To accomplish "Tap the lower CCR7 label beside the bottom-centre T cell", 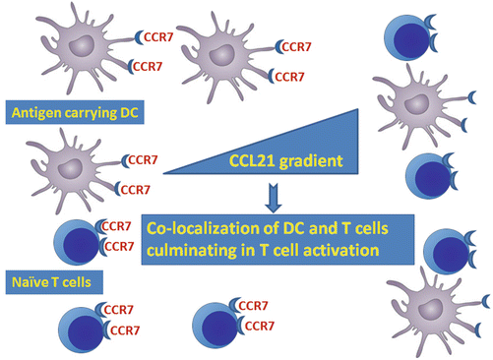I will pos(263,327).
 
